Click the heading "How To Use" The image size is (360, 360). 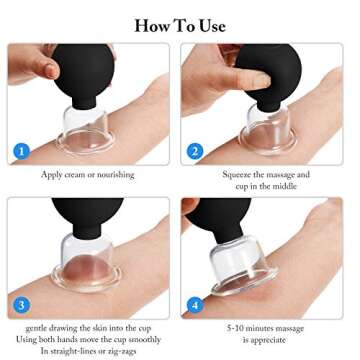point(180,24)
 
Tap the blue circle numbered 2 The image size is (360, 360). point(195,152)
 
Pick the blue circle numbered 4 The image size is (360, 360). point(195,305)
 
